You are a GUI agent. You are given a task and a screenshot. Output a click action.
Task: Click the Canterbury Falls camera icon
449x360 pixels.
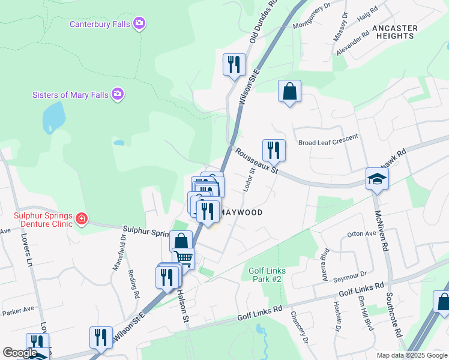click(140, 24)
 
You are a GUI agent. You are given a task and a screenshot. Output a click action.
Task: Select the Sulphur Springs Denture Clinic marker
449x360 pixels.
click(82, 220)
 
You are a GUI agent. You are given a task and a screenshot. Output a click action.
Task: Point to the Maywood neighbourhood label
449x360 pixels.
click(240, 212)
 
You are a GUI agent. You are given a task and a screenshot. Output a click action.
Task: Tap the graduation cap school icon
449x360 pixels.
click(378, 178)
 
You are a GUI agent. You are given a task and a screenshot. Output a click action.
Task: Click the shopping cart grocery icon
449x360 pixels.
click(184, 259)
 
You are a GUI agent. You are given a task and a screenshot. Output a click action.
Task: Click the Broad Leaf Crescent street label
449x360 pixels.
click(328, 142)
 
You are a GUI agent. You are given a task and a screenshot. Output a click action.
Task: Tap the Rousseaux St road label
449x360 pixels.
click(257, 161)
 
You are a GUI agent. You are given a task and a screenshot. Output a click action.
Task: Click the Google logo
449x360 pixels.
click(20, 353)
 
